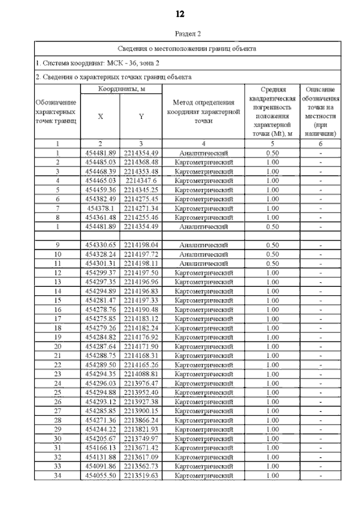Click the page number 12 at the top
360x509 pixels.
[181, 13]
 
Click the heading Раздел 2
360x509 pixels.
[181, 34]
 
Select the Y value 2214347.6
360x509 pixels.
[141, 181]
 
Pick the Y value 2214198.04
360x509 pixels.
[141, 245]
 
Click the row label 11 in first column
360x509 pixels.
[58, 263]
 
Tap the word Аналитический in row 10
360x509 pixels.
[204, 254]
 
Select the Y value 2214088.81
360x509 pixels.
[141, 373]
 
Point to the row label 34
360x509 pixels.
[58, 475]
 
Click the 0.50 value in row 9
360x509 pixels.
[273, 245]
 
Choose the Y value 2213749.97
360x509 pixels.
[141, 438]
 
